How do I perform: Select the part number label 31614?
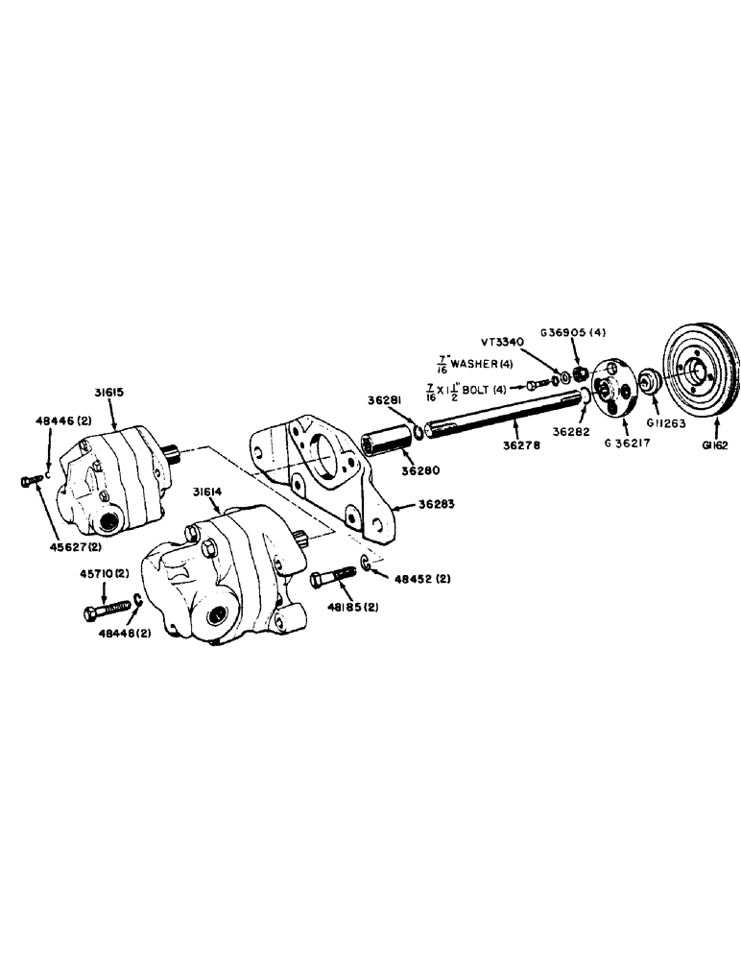coord(205,492)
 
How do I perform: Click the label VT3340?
coord(503,340)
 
